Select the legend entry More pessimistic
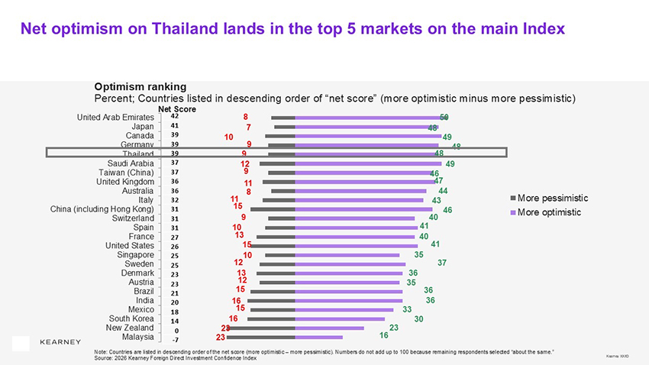pyautogui.click(x=549, y=198)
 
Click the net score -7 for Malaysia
pyautogui.click(x=175, y=338)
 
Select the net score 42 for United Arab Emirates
pyautogui.click(x=175, y=117)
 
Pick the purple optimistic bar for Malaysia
pyautogui.click(x=318, y=337)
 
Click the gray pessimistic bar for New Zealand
pyautogui.click(x=260, y=328)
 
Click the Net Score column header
pyautogui.click(x=177, y=109)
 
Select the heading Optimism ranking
pyautogui.click(x=140, y=86)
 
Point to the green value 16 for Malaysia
pyautogui.click(x=383, y=335)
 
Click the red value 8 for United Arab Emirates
pyautogui.click(x=245, y=117)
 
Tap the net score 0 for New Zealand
pyautogui.click(x=176, y=330)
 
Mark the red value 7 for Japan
pyautogui.click(x=249, y=127)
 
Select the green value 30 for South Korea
pyautogui.click(x=418, y=319)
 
